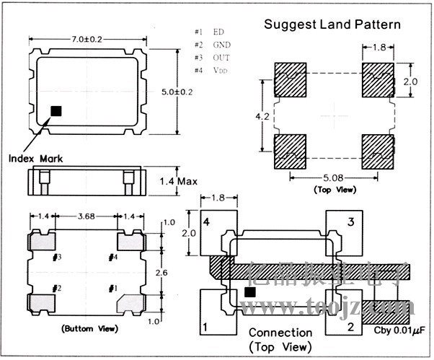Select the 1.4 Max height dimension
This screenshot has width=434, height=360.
178,181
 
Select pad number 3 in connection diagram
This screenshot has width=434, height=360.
352,223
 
